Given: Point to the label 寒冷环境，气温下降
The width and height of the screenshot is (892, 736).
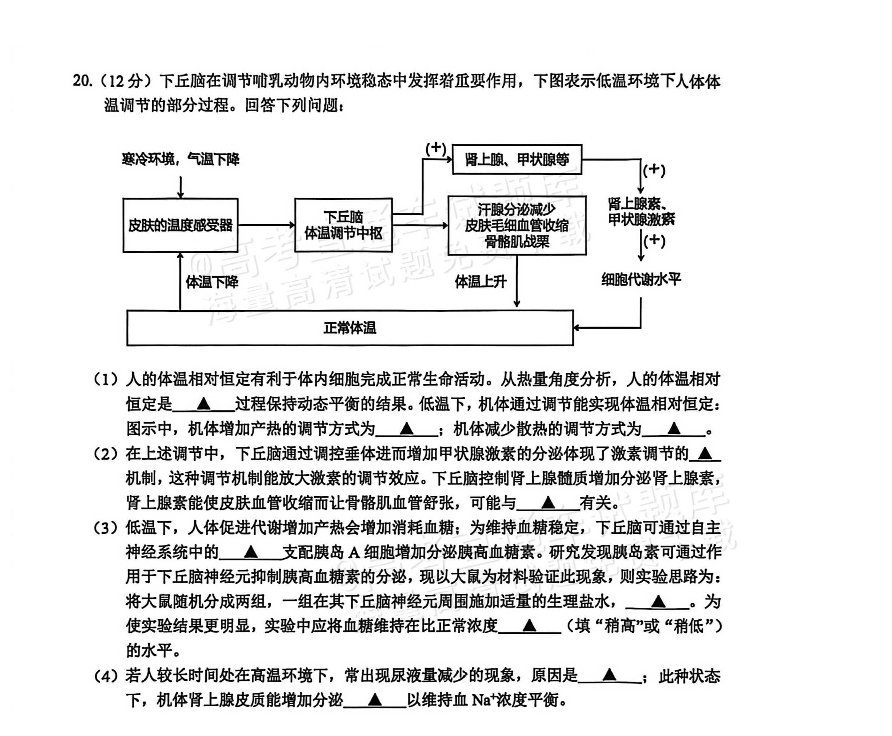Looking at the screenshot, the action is [181, 159].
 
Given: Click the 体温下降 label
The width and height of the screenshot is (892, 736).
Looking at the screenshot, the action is [212, 282].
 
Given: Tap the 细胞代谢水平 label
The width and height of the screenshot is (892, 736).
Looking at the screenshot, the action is [641, 280].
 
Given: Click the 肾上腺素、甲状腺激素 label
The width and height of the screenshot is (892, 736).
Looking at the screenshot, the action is [641, 212].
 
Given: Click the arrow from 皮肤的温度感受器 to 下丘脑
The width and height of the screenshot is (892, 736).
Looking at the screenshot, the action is [266, 225].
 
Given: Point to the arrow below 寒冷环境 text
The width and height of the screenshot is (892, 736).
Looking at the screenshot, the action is [181, 187].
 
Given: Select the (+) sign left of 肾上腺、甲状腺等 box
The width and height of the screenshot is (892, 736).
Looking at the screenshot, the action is [436, 149].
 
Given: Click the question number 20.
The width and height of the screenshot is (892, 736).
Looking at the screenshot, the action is [82, 81].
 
